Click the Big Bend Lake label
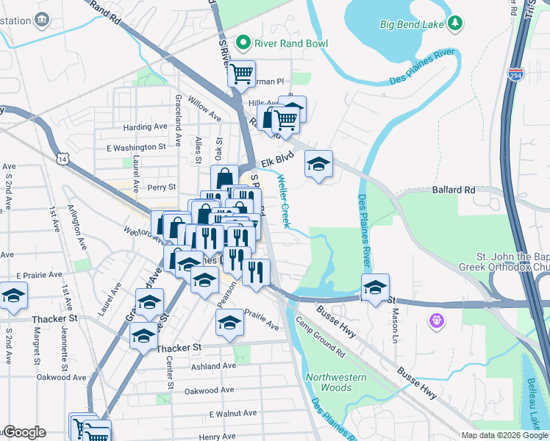[412, 24]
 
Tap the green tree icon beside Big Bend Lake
[456, 24]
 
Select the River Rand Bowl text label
[291, 43]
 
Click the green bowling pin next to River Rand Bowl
[243, 43]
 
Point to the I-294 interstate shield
[516, 74]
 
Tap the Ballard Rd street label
[454, 190]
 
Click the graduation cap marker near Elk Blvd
[318, 165]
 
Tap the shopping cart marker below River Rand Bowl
[241, 73]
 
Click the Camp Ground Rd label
[321, 334]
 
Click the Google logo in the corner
[24, 432]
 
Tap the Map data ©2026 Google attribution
[504, 435]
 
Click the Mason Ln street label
[394, 318]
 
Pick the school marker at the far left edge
[12, 297]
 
